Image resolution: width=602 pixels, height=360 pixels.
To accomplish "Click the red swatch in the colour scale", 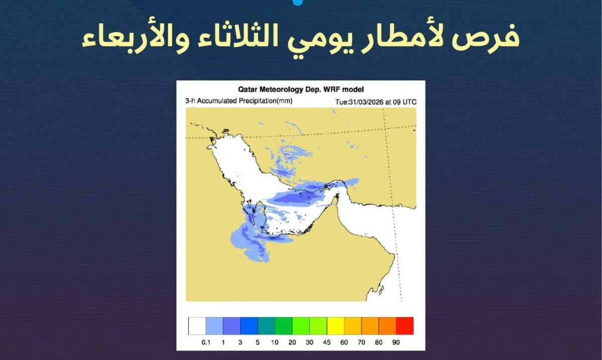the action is pos(405,326).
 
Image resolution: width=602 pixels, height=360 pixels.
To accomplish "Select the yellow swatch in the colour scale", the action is pos(336,326).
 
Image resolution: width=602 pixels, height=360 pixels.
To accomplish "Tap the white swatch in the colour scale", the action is pos(197,326).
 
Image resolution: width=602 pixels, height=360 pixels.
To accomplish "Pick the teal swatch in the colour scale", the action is pos(266,326).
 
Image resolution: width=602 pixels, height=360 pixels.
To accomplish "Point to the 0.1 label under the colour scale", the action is pos(206,342).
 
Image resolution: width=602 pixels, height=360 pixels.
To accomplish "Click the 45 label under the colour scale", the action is pos(327,342).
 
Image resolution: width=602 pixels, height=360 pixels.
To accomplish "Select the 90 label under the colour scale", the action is pos(396,342).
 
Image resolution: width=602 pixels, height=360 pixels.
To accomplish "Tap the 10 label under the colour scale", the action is pos(275,342).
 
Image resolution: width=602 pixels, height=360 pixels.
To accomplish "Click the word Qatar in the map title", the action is pos(247,89).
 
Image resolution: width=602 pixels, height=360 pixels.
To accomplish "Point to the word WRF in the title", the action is pos(333,89).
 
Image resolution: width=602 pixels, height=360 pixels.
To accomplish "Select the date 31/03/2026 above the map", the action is pos(366,102).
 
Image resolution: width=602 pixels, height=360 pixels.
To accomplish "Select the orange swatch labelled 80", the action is pos(387,326).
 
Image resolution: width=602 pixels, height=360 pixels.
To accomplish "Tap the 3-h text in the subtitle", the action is pos(190,101).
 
